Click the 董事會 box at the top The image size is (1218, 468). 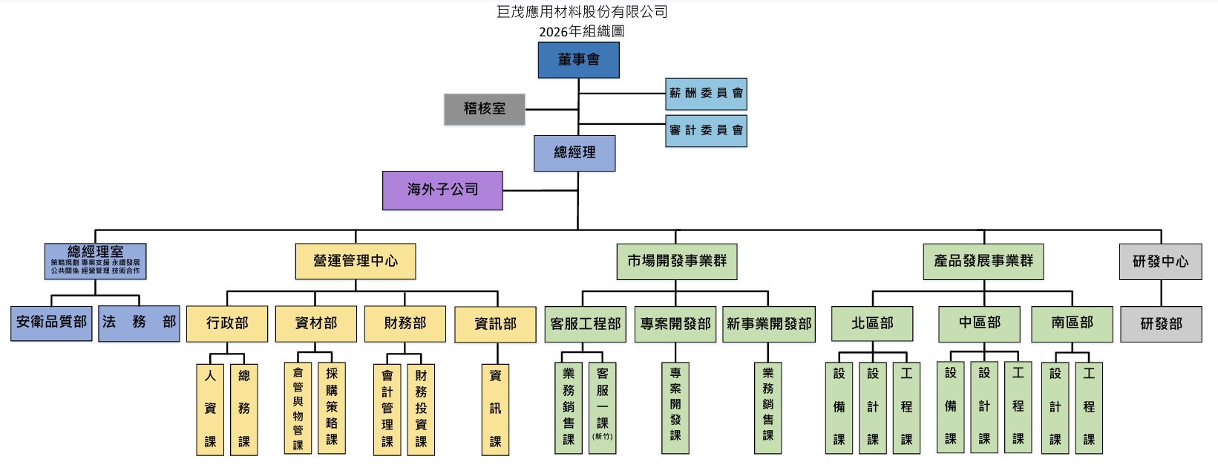tap(578, 60)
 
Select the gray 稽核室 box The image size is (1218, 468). tap(485, 109)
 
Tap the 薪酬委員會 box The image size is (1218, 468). tap(706, 94)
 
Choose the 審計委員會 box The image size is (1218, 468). tap(706, 131)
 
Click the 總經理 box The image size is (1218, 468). tap(574, 153)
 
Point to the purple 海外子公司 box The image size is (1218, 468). tap(442, 190)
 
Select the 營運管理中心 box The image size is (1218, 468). tap(356, 261)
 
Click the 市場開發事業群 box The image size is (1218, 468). tap(677, 261)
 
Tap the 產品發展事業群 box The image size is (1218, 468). tap(983, 261)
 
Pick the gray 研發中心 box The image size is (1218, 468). tap(1160, 261)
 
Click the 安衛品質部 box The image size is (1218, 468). tap(51, 323)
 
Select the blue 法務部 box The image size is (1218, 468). tap(139, 323)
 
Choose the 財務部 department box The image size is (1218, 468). tap(405, 324)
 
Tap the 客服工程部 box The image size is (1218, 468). tap(586, 324)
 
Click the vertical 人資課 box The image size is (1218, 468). tap(210, 409)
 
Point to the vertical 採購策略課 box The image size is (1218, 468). tap(332, 408)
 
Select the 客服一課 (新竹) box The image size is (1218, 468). tap(602, 408)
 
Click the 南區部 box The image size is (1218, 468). tap(1072, 324)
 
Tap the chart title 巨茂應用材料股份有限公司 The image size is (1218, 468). tap(582, 12)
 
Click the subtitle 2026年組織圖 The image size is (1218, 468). tap(581, 31)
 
